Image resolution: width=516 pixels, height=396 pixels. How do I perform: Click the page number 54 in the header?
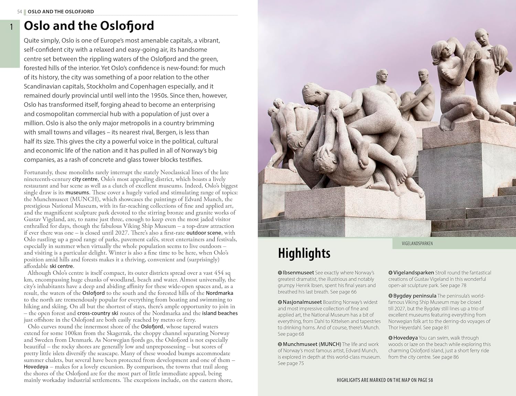click(20, 12)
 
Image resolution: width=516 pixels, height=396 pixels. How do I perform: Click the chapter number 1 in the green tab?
click(11, 27)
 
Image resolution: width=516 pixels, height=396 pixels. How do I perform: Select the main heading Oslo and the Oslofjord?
click(89, 26)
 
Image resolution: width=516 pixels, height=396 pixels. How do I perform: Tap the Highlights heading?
click(304, 253)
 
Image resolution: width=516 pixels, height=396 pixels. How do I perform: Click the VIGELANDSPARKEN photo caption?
click(417, 244)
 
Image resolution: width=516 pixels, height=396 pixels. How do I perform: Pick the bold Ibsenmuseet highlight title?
click(298, 273)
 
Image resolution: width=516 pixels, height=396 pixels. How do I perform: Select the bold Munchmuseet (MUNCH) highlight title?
click(312, 344)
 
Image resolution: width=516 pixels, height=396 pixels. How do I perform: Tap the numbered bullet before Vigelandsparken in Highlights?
click(390, 273)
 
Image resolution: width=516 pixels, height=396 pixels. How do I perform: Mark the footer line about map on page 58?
click(385, 380)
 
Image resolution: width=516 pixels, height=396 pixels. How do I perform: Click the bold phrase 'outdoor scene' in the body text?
click(204, 233)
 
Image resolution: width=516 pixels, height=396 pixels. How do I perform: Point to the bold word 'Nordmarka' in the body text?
click(219, 293)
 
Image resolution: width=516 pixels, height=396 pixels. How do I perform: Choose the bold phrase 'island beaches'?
click(220, 313)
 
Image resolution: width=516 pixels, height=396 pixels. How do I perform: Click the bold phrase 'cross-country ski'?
click(98, 313)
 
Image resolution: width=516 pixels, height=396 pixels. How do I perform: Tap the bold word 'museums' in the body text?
click(77, 193)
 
